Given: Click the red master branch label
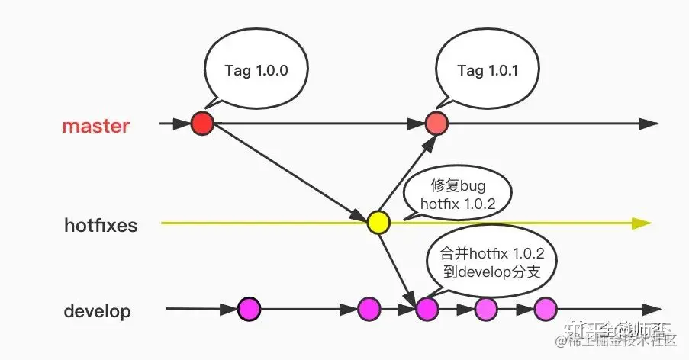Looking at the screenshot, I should point(95,126).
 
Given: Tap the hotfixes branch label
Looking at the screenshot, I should point(101,225).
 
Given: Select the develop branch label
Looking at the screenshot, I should point(97,312).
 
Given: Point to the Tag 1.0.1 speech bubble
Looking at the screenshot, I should point(488,70).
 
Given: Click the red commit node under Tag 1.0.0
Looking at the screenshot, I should point(202,123).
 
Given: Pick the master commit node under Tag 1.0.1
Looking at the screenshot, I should point(436,123).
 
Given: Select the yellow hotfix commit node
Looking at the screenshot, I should point(378,222).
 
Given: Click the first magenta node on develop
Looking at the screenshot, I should point(249,309).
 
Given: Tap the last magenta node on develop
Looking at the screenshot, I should point(546,309).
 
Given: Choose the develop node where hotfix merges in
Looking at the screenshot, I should point(427,309).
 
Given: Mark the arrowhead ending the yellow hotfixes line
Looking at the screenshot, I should point(642,223).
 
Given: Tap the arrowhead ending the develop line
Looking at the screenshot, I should point(650,310).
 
